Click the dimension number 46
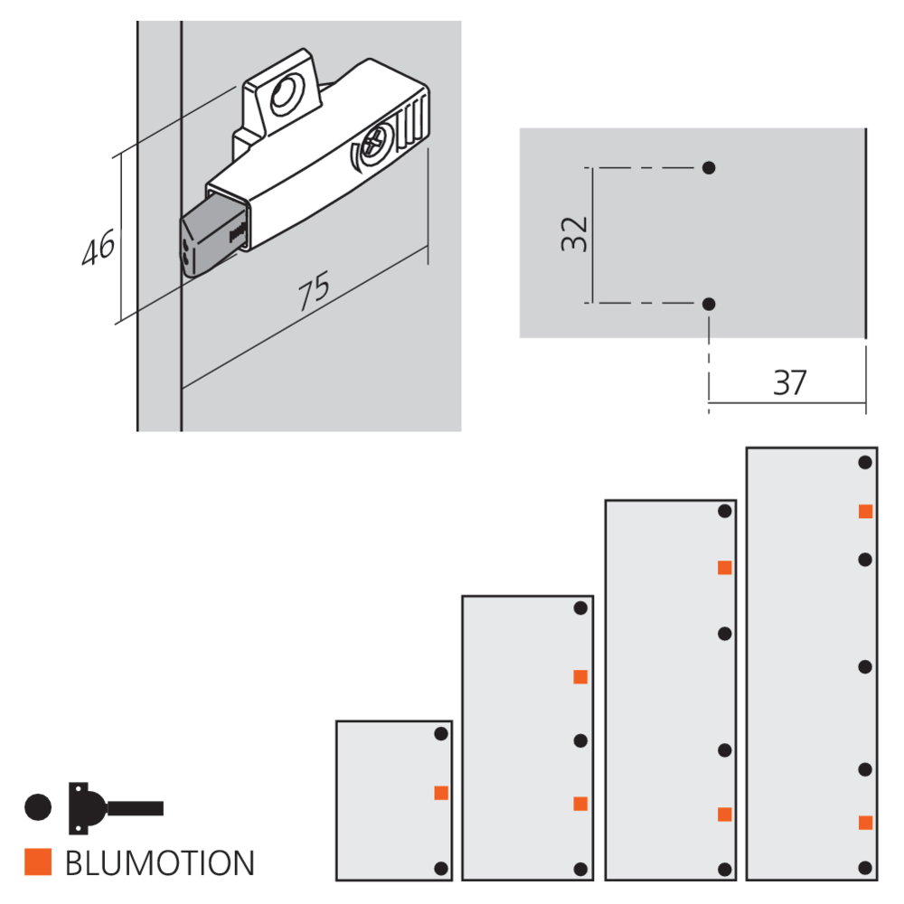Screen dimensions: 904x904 98,248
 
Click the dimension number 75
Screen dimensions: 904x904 315,290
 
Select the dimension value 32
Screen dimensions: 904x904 574,234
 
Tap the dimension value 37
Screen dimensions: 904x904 790,382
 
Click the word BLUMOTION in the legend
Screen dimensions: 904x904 160,863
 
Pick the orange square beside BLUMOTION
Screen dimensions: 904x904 38,862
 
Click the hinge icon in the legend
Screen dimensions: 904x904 116,807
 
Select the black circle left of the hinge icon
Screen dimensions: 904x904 38,807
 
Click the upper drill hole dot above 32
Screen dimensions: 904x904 709,168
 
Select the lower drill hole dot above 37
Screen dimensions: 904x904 709,304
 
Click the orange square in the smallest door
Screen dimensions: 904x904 441,793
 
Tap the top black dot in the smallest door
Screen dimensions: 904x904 441,734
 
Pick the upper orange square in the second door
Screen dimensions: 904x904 580,677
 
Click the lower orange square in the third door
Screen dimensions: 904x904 725,815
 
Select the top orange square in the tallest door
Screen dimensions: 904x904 865,512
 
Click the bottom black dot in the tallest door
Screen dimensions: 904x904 865,868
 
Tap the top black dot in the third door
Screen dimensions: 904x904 725,511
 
